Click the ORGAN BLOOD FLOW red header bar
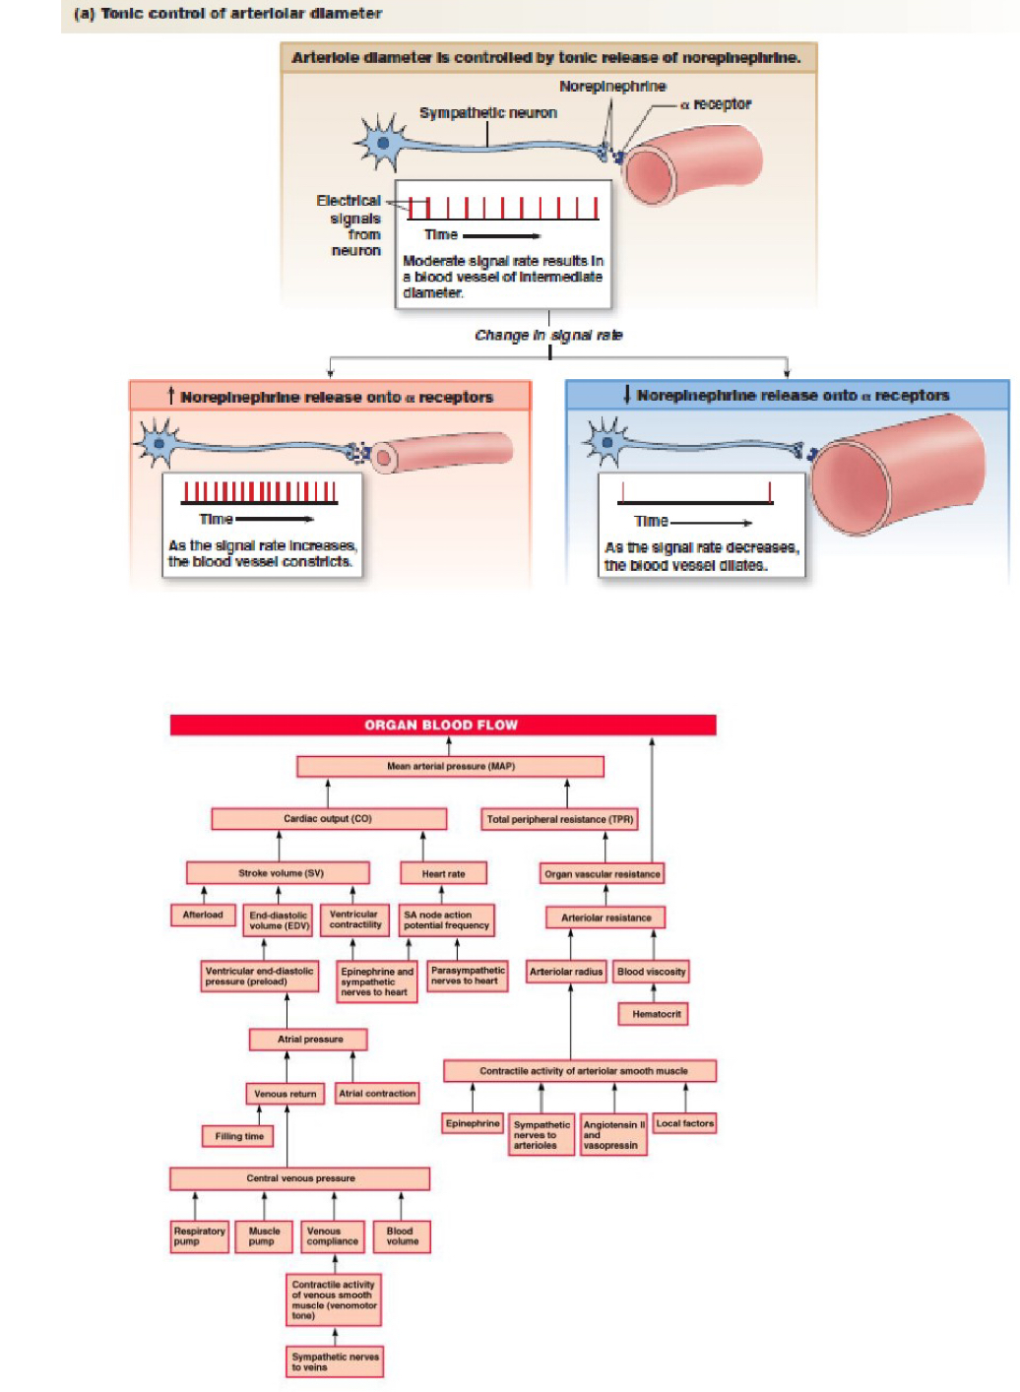442,726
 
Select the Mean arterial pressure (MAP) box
450,766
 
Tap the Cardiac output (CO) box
328,819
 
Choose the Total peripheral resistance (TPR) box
559,819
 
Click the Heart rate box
443,873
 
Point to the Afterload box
203,916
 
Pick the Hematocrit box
653,1014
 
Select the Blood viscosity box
651,972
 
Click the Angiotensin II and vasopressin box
613,1135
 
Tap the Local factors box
684,1123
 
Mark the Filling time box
238,1136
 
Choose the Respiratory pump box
200,1236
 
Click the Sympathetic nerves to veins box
335,1361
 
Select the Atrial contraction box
377,1094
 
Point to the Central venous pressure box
300,1178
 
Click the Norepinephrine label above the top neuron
612,87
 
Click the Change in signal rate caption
548,336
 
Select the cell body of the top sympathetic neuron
382,144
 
